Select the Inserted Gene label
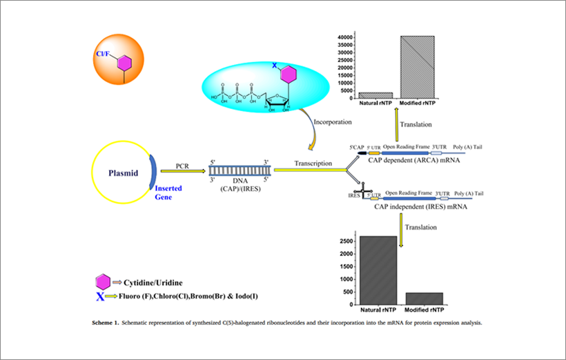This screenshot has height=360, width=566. click(x=168, y=192)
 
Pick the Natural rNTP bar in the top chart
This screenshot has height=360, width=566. click(x=375, y=95)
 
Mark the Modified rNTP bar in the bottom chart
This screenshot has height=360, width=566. click(x=424, y=298)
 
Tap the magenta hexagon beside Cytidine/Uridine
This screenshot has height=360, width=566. click(x=102, y=281)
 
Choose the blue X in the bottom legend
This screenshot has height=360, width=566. click(x=101, y=297)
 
